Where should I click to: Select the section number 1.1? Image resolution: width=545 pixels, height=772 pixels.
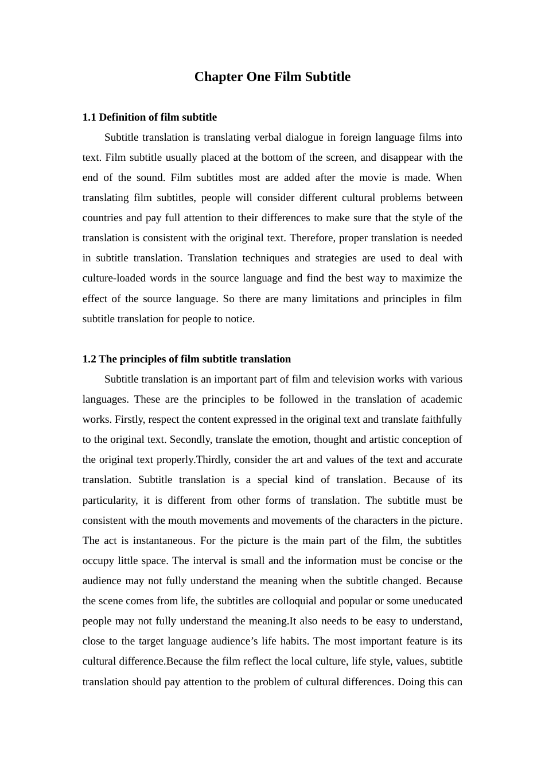89,117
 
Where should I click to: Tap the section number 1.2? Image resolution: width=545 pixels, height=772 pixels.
89,359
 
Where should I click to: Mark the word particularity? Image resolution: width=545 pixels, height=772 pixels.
110,500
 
